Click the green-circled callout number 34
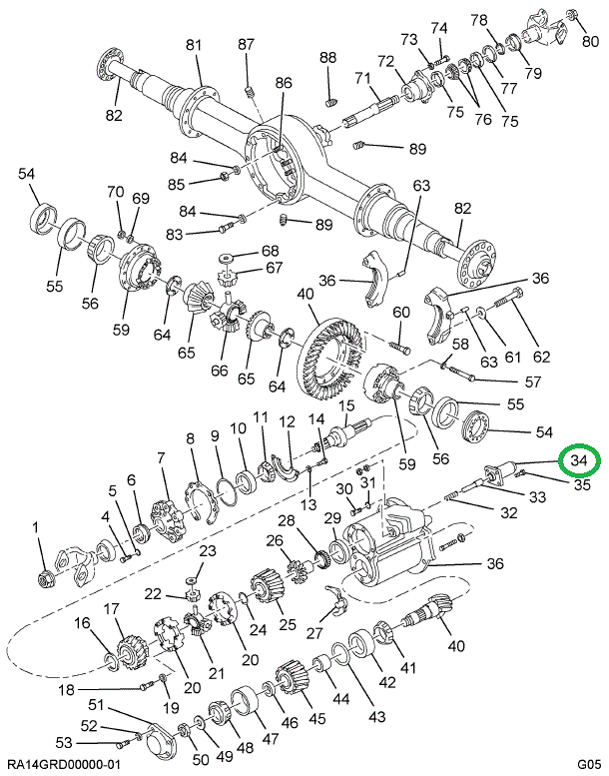click(x=579, y=461)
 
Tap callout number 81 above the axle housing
click(x=193, y=44)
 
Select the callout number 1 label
click(x=36, y=527)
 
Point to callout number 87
click(x=246, y=44)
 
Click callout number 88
click(x=328, y=58)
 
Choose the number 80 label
click(x=591, y=42)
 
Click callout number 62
click(x=542, y=356)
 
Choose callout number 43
click(x=377, y=717)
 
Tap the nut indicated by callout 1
click(x=44, y=577)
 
